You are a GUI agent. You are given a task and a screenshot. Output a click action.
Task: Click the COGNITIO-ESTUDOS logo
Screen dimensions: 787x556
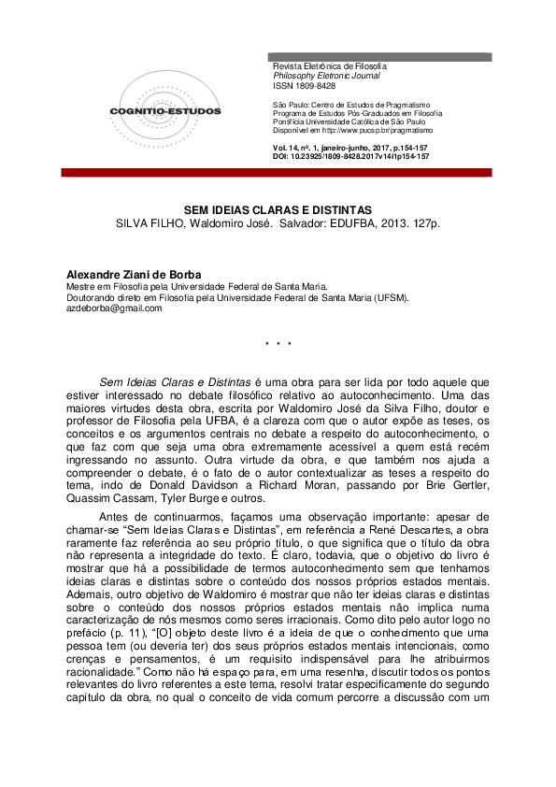164,110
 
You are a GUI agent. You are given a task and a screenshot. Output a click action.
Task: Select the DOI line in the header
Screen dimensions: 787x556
351,157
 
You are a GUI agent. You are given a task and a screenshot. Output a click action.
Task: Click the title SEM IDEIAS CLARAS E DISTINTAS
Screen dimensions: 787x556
278,211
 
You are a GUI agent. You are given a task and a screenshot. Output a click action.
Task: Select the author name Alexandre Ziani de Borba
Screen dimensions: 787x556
134,275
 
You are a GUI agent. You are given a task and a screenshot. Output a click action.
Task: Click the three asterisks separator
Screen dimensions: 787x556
278,345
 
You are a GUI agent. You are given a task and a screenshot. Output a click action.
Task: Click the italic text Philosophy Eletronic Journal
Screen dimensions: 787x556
322,76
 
